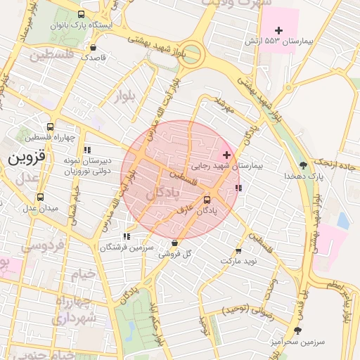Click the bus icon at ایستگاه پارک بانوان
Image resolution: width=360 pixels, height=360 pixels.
[82, 14]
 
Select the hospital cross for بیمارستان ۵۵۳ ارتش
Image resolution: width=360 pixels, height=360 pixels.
[279, 30]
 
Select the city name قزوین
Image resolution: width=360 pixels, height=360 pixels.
[27, 158]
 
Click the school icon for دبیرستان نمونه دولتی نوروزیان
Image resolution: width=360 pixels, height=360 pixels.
[87, 150]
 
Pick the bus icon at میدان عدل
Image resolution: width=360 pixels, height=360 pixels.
[39, 198]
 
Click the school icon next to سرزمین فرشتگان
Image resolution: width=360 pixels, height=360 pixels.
[127, 237]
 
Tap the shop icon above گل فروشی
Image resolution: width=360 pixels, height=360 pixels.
[174, 243]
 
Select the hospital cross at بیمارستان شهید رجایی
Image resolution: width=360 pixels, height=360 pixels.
[226, 154]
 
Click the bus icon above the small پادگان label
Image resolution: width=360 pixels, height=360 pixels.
[206, 199]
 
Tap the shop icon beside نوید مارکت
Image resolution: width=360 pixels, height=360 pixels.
[238, 250]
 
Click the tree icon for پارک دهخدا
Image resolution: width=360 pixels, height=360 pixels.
[303, 165]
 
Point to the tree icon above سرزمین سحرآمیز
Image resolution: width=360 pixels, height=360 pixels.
[297, 330]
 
